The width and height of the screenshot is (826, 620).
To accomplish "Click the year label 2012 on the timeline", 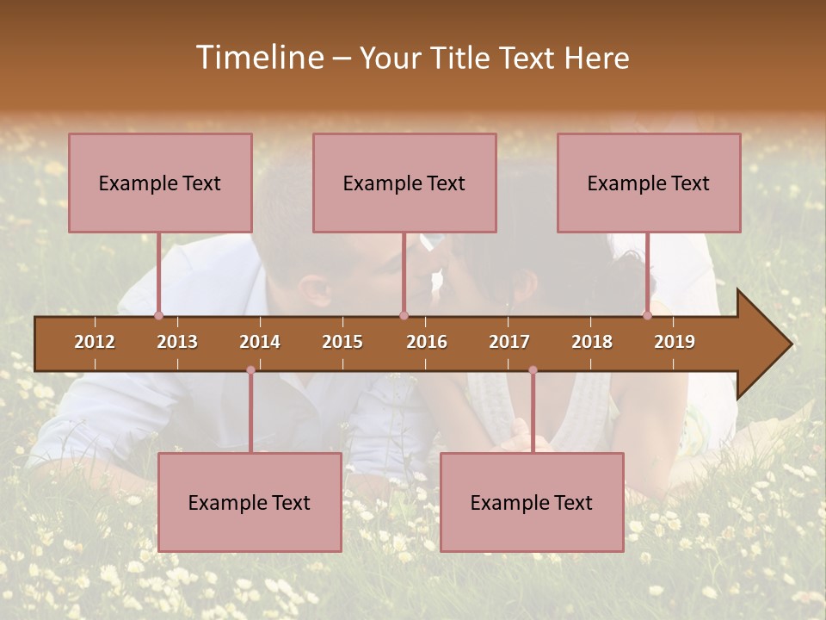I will [95, 342].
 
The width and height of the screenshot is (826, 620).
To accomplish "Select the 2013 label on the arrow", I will [177, 342].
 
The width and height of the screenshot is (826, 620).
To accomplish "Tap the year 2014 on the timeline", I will [260, 342].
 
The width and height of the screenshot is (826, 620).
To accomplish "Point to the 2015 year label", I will [342, 342].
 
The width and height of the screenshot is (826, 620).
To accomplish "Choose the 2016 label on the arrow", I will [427, 342].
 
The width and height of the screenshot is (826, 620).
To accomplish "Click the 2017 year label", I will [509, 342].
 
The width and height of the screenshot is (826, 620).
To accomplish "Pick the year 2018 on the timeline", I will [592, 342].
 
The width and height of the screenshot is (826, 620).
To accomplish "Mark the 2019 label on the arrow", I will [675, 342].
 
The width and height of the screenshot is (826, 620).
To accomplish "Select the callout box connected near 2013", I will [160, 183].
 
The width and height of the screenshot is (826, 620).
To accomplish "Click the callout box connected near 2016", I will [404, 183].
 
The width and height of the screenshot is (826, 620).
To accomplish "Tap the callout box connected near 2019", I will [649, 183].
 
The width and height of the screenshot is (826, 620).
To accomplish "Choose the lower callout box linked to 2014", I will [250, 502].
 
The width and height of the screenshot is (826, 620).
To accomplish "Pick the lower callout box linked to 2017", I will [532, 502].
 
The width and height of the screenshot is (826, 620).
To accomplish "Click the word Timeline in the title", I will [259, 58].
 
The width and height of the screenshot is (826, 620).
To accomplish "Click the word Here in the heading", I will [596, 59].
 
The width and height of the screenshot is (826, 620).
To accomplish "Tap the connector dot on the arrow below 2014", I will [250, 370].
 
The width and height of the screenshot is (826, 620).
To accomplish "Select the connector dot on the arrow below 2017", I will [533, 370].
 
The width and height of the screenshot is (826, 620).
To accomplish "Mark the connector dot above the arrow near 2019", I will [647, 315].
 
